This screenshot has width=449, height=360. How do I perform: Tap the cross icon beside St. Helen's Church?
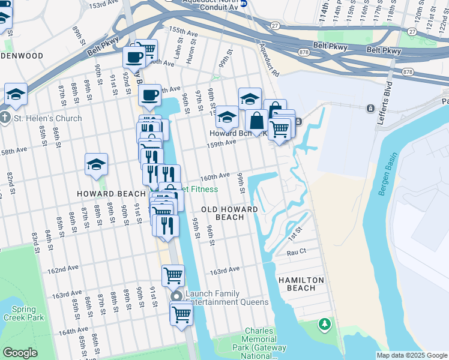[x=5, y=118]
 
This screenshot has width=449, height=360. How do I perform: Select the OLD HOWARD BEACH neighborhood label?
[x=229, y=213]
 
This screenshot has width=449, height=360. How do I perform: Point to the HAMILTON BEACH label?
[x=301, y=284]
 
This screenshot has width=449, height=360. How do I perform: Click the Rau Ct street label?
[x=297, y=252]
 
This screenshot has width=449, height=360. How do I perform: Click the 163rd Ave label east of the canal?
[x=224, y=271]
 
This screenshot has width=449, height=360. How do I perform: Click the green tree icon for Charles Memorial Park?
[x=325, y=325]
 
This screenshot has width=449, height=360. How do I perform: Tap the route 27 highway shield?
[x=275, y=25]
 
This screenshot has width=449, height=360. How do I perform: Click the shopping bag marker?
[x=257, y=120]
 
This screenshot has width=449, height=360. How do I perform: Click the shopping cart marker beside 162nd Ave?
[x=173, y=275]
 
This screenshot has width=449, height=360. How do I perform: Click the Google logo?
[x=20, y=353]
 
